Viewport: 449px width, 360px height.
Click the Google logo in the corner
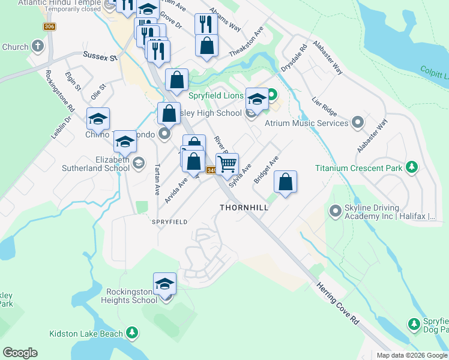tap(20, 353)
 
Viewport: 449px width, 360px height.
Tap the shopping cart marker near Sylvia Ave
tap(228, 163)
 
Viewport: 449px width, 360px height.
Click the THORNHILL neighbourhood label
tap(244, 207)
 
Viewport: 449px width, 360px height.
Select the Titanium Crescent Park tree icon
tap(411, 168)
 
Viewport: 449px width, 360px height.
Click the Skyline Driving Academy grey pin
tap(334, 211)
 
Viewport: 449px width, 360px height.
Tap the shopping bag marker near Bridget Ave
tap(286, 182)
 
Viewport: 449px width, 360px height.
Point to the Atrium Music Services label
tap(307, 123)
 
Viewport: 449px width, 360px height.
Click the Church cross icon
tap(38, 46)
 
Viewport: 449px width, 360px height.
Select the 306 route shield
tap(49, 27)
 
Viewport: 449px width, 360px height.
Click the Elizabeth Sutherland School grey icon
tap(139, 163)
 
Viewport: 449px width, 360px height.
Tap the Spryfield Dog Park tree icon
tap(414, 324)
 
